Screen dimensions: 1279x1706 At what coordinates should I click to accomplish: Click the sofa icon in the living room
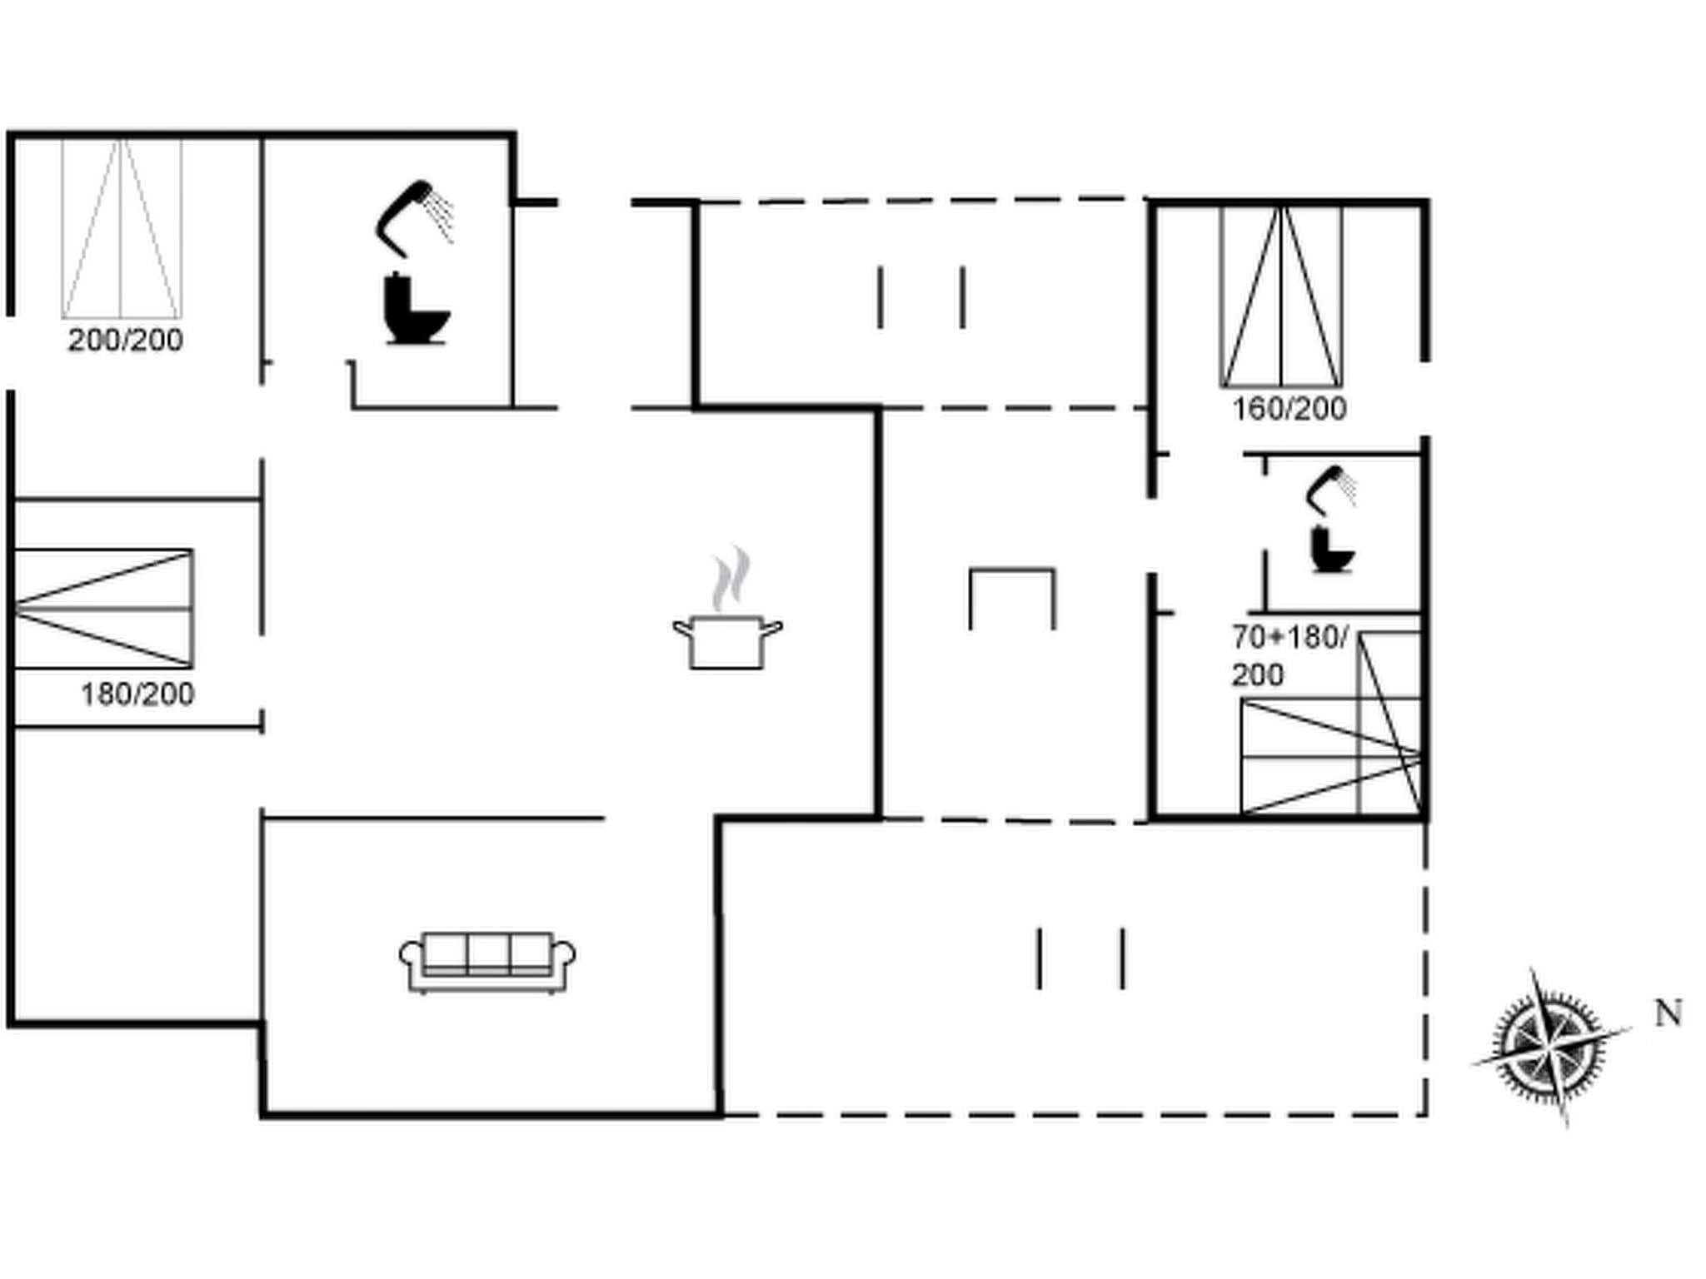coord(487,963)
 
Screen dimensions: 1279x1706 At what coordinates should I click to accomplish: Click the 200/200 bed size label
coord(125,341)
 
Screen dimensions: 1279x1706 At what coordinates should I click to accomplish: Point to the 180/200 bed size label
coord(137,694)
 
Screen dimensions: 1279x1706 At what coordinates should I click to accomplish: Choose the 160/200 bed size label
coord(1289,409)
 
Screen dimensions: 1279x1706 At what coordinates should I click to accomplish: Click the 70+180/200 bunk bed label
coord(1288,655)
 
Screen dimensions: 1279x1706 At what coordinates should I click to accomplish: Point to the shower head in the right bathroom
coord(1329,488)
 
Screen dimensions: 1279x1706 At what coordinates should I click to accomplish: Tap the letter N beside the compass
coord(1668,1013)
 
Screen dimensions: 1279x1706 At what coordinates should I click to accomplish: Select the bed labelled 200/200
coord(122,228)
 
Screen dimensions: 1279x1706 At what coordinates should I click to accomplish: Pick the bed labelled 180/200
coord(103,609)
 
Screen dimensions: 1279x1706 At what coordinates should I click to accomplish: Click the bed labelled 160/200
coord(1281,297)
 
